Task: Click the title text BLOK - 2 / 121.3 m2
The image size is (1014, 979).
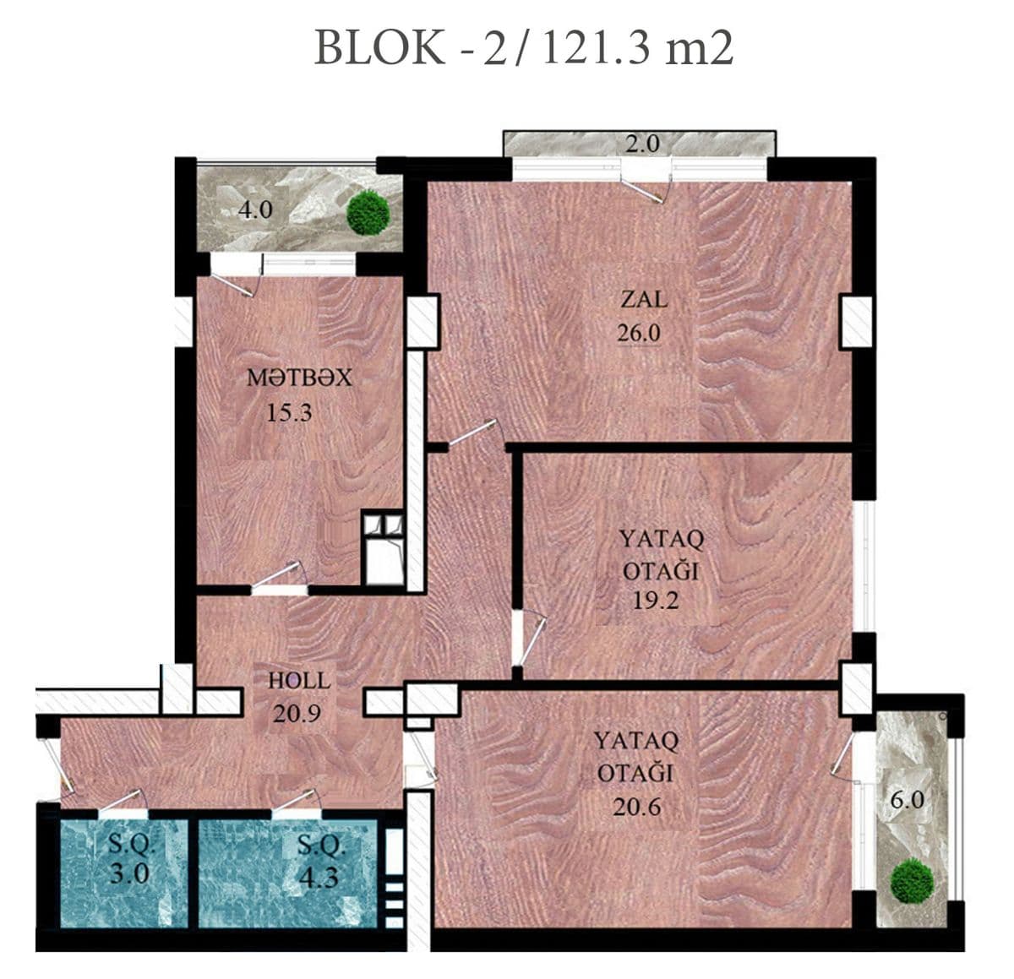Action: pos(523,48)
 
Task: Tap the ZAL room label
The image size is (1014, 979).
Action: pos(643,299)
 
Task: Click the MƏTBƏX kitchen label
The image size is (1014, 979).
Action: pos(298,378)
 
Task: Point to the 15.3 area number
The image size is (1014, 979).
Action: pos(289,413)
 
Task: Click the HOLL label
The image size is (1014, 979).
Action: pos(299,680)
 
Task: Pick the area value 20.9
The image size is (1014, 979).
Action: pos(297,714)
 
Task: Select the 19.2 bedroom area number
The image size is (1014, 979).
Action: pos(656,601)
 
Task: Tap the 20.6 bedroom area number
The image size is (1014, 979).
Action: pos(637,807)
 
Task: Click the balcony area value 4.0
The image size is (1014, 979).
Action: pos(254,209)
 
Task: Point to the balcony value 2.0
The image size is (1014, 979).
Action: pos(642,144)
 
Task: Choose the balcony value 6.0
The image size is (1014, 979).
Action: pos(907,799)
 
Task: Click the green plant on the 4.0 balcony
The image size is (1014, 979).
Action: pos(368,213)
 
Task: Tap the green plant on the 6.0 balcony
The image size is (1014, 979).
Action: pos(913,879)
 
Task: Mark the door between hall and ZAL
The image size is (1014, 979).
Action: pos(472,432)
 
